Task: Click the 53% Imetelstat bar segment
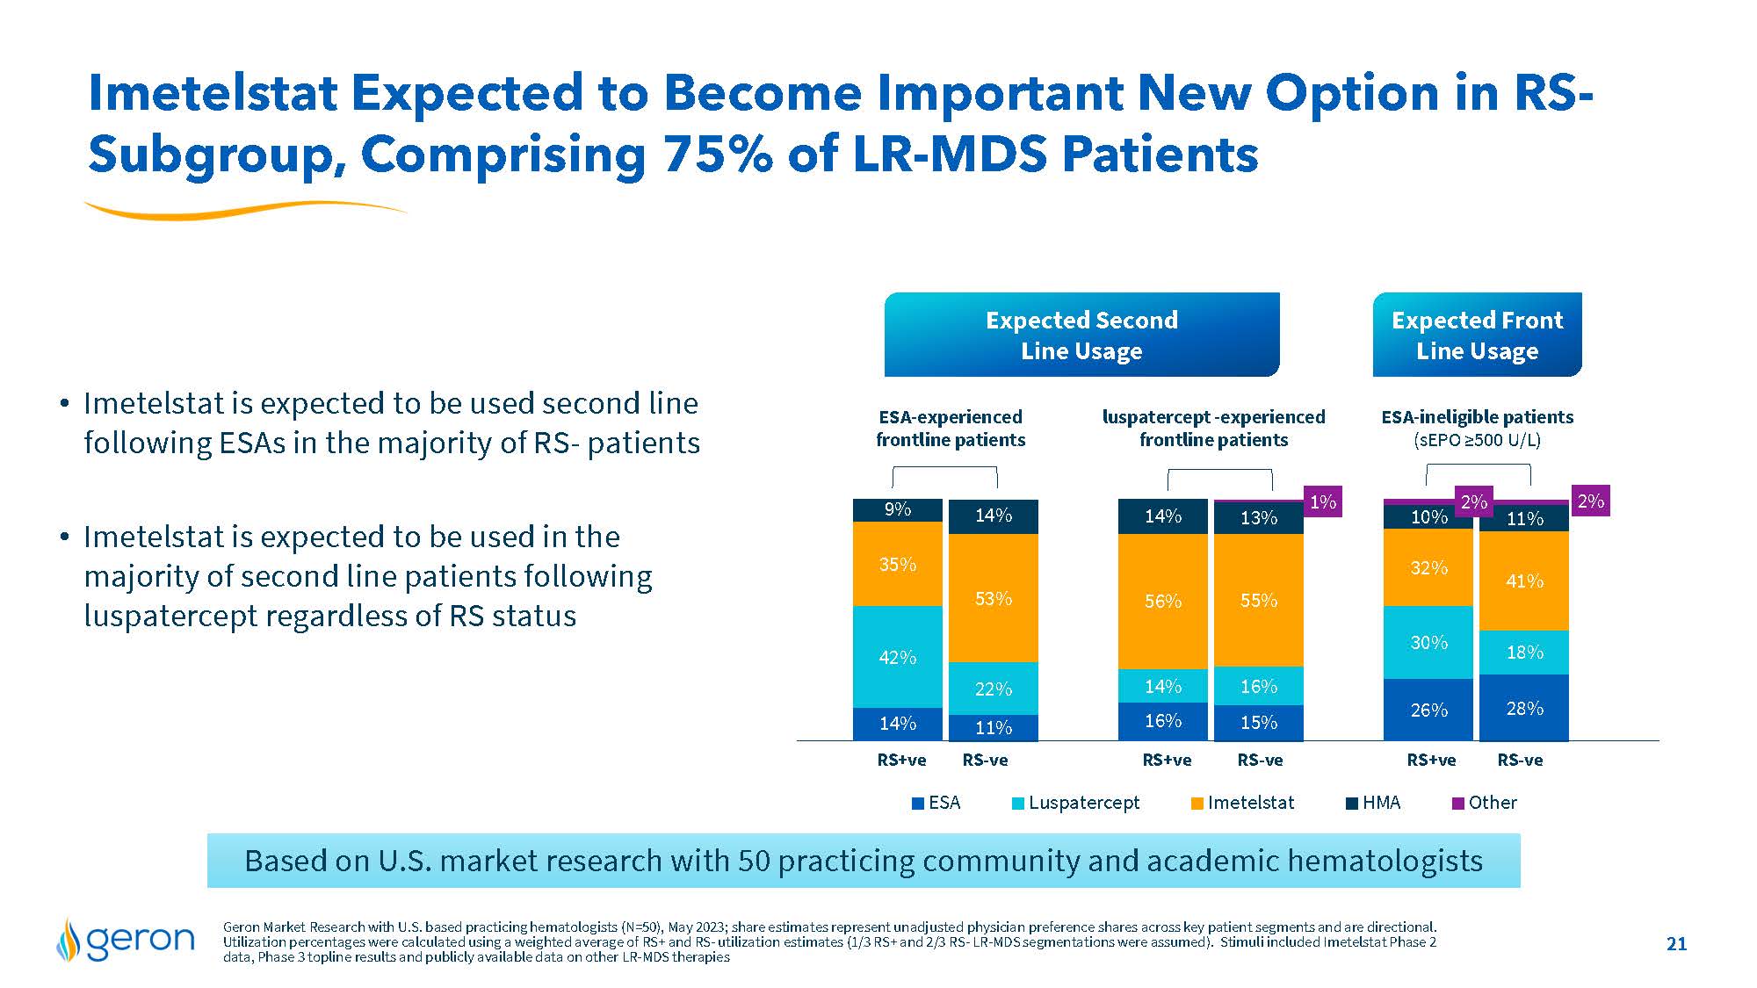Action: click(994, 598)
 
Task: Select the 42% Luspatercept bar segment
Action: click(897, 657)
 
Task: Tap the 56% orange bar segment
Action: click(1162, 602)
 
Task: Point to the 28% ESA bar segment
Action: click(1524, 708)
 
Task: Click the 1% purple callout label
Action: click(1322, 501)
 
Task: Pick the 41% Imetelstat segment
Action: click(1524, 581)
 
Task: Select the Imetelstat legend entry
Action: click(1242, 803)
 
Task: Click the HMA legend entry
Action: click(1374, 803)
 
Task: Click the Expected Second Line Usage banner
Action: click(1081, 335)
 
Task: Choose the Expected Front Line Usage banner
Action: click(1477, 335)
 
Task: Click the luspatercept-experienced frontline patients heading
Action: click(1213, 428)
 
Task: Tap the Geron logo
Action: click(125, 940)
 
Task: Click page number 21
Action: click(1676, 944)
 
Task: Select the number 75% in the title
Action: click(718, 155)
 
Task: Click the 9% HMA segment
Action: click(897, 509)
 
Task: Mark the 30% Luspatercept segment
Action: click(1428, 642)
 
